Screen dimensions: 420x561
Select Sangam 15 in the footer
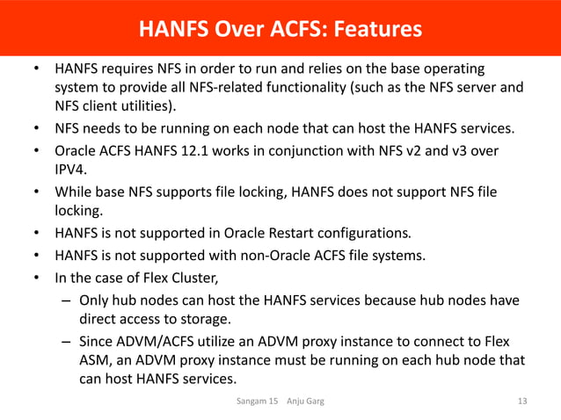coord(257,402)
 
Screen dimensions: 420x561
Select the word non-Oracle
coord(285,257)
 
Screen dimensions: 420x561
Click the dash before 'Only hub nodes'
coord(67,301)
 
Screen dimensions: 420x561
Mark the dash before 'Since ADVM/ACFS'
coord(67,341)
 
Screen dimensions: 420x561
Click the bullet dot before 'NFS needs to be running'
coord(36,130)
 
